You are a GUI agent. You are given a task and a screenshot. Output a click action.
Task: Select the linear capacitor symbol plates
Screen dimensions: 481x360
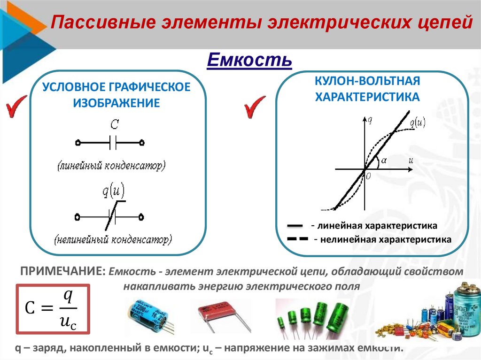coord(112,141)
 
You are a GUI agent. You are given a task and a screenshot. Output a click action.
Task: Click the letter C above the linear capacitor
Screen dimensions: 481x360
coord(114,125)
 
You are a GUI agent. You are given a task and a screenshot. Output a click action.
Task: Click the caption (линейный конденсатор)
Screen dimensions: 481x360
coord(112,166)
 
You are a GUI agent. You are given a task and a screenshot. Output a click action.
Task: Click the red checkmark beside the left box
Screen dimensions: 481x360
coord(16,106)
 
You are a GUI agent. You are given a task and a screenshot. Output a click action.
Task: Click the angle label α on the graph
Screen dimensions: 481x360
coord(384,160)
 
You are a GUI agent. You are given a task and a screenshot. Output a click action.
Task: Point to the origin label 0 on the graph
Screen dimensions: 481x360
coord(368,176)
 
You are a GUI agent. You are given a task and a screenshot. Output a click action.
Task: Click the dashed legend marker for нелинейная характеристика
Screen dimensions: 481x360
coord(297,239)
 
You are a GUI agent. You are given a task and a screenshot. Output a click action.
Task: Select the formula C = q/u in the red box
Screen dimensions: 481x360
coord(53,308)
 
